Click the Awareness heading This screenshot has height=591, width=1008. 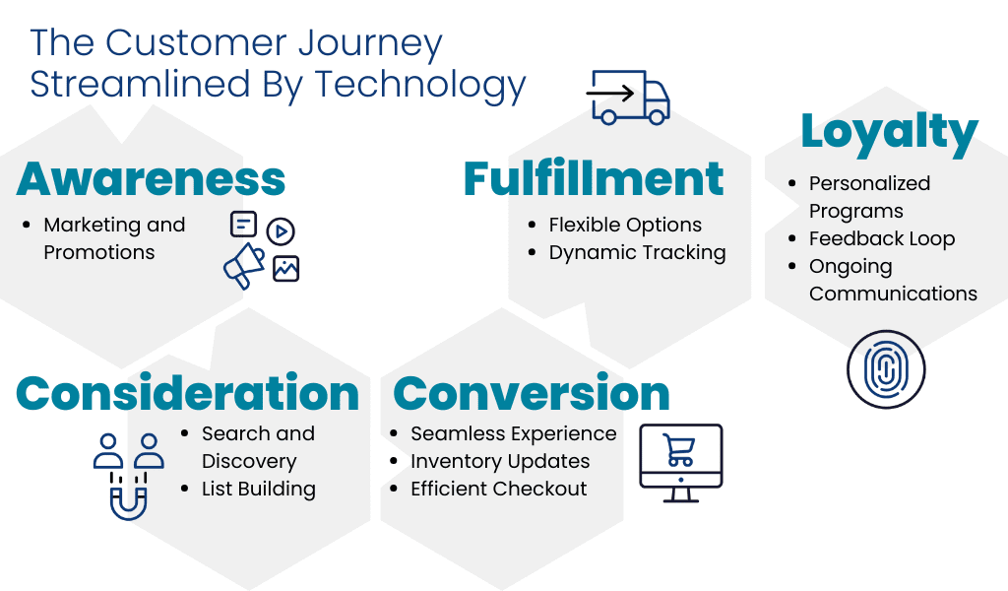pyautogui.click(x=151, y=179)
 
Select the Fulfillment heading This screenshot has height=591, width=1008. pyautogui.click(x=594, y=179)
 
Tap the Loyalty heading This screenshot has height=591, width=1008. pyautogui.click(x=888, y=131)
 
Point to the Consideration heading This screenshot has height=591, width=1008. pyautogui.click(x=187, y=393)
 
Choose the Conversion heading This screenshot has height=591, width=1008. pyautogui.click(x=532, y=393)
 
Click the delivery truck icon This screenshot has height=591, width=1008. pyautogui.click(x=628, y=97)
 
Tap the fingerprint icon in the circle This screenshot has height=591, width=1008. pyautogui.click(x=886, y=369)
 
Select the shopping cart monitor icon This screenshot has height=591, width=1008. pyautogui.click(x=681, y=461)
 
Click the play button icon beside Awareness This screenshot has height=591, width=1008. pyautogui.click(x=281, y=231)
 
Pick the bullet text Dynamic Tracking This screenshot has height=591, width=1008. pyautogui.click(x=637, y=252)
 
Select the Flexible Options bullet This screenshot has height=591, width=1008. pyautogui.click(x=625, y=225)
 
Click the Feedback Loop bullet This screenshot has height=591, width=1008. pyautogui.click(x=881, y=238)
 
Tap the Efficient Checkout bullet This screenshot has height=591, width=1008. pyautogui.click(x=498, y=489)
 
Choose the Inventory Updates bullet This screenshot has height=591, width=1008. pyautogui.click(x=500, y=461)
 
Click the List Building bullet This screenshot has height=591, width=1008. pyautogui.click(x=258, y=489)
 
